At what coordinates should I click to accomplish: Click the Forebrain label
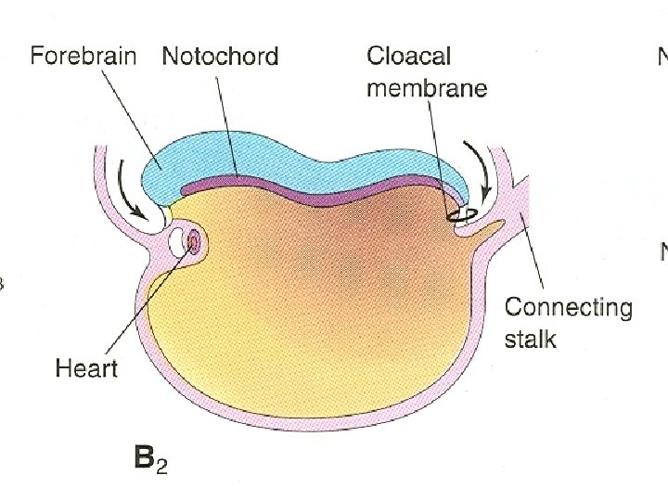(83, 56)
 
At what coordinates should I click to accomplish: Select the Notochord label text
(220, 56)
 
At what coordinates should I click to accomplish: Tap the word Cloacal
(408, 56)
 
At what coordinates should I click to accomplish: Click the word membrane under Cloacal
(427, 88)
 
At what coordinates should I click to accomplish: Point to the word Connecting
(568, 307)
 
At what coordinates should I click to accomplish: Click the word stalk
(531, 338)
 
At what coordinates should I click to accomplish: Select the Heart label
(86, 368)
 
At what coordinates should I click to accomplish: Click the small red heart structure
(194, 243)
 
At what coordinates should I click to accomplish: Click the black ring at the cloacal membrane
(461, 216)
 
